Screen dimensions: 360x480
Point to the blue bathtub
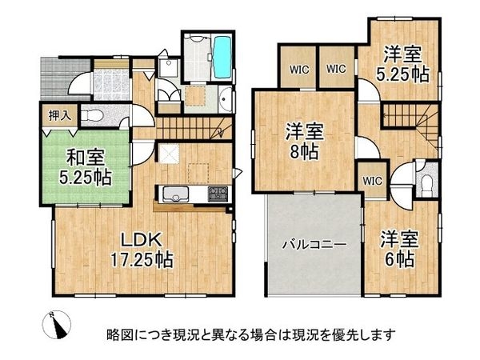pos(221,58)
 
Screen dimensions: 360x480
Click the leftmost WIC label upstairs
pos(296,68)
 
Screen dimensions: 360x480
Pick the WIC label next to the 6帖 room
pos(373,181)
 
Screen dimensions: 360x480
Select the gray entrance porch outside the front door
pos(48,77)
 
